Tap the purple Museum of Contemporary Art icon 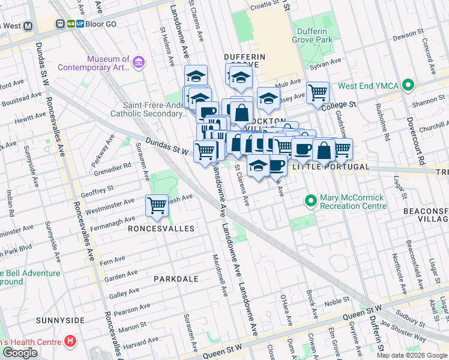click(139, 62)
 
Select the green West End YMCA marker click(409, 86)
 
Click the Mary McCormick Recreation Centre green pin click(310, 200)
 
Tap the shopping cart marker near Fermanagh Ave click(157, 205)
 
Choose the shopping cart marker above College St click(318, 92)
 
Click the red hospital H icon click(71, 341)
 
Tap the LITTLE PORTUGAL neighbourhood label click(330, 167)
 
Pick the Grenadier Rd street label click(114, 170)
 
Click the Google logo click(20, 353)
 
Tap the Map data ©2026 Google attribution click(412, 355)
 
